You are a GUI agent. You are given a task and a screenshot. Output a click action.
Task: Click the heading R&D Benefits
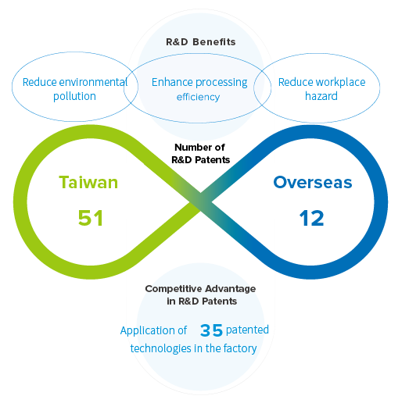click(x=200, y=42)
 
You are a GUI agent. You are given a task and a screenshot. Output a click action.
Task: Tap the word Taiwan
click(x=88, y=182)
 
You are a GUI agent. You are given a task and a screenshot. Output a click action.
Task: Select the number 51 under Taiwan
click(x=91, y=218)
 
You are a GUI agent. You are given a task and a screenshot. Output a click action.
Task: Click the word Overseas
click(x=313, y=182)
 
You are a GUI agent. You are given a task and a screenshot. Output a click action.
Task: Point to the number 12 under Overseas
click(x=311, y=218)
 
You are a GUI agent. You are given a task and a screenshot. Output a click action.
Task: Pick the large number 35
click(x=211, y=330)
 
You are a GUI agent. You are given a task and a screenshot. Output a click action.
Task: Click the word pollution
click(x=74, y=96)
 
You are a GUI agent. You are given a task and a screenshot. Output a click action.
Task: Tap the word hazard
click(x=321, y=96)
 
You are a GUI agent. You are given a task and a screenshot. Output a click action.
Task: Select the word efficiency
click(x=198, y=97)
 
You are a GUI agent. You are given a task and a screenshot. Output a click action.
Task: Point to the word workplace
click(x=340, y=82)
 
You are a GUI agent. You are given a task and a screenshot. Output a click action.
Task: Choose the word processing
click(x=221, y=83)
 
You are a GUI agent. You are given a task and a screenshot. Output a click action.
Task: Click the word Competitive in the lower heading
click(x=173, y=289)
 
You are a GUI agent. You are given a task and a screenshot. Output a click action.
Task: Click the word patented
click(x=247, y=330)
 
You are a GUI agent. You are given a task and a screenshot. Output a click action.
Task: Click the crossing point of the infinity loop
click(x=200, y=201)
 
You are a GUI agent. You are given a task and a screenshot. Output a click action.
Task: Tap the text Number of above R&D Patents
click(x=199, y=148)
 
